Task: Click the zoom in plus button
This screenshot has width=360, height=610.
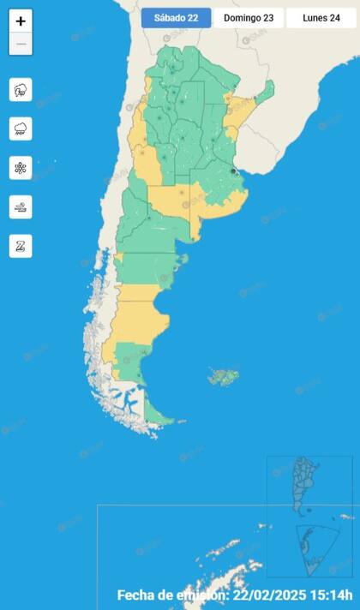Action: pos(21,21)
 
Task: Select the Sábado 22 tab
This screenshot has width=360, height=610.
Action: pos(176,18)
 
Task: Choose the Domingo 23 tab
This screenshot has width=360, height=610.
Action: pos(248,18)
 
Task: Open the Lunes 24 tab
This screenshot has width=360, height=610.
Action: pos(321,18)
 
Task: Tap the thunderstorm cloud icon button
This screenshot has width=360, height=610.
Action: pos(21,89)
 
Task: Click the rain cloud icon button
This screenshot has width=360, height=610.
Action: pos(21,129)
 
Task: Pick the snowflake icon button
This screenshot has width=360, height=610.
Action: pos(21,168)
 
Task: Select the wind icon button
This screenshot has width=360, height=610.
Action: pos(21,206)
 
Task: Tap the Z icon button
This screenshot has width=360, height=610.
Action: pos(21,246)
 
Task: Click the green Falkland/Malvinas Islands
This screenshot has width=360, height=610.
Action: pos(224,376)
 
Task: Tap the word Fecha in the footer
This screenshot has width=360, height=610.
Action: pos(136,595)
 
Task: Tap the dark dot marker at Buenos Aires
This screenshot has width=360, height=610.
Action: pos(234,171)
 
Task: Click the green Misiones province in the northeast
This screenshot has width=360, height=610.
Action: pos(267,89)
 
